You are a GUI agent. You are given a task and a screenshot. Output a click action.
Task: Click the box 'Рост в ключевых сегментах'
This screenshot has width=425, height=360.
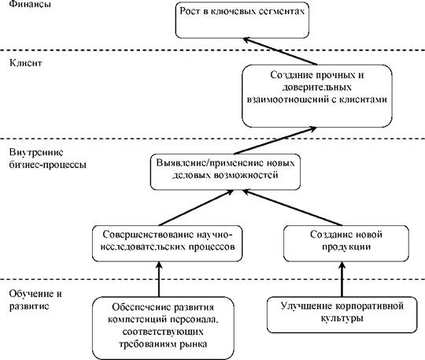[242, 20]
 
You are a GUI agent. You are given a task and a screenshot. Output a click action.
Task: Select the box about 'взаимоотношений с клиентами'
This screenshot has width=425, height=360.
[317, 96]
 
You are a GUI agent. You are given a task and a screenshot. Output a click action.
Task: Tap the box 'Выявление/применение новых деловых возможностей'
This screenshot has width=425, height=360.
[225, 172]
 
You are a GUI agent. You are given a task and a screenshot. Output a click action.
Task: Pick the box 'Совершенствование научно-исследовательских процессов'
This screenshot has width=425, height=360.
[167, 243]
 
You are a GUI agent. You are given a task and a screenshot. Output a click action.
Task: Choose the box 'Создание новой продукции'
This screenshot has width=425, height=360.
[346, 243]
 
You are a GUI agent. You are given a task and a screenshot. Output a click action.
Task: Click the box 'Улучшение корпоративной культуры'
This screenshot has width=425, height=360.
[342, 314]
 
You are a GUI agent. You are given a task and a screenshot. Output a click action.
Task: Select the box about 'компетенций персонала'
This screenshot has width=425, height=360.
[163, 328]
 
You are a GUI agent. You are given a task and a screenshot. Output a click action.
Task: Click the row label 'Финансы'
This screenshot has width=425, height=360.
[30, 4]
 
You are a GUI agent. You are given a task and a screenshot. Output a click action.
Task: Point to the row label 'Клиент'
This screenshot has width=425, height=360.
[26, 63]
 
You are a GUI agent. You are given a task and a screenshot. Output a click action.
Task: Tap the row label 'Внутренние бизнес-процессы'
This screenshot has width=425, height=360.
[48, 158]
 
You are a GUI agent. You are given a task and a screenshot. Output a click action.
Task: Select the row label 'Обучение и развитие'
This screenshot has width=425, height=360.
[35, 300]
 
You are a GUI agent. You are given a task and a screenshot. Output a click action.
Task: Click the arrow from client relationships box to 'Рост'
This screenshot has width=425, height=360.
[280, 51]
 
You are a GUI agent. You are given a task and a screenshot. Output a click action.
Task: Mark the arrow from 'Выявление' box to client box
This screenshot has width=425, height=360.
[275, 140]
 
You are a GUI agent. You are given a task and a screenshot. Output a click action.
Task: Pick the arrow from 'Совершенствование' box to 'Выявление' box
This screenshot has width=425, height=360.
[196, 207]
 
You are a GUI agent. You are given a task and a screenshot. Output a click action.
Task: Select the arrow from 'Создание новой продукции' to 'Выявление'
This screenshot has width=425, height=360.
[293, 207]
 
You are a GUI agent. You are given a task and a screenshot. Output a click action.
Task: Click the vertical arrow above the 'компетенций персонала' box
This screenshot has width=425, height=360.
[159, 279]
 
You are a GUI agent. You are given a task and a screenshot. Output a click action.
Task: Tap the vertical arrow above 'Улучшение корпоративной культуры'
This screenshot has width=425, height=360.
[342, 279]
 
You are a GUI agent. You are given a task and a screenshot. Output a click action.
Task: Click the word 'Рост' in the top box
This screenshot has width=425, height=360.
[189, 11]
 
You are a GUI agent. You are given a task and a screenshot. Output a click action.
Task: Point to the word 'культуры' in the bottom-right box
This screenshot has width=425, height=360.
[342, 318]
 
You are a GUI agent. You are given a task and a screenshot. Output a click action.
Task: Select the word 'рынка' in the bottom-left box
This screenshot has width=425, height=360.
[194, 344]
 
